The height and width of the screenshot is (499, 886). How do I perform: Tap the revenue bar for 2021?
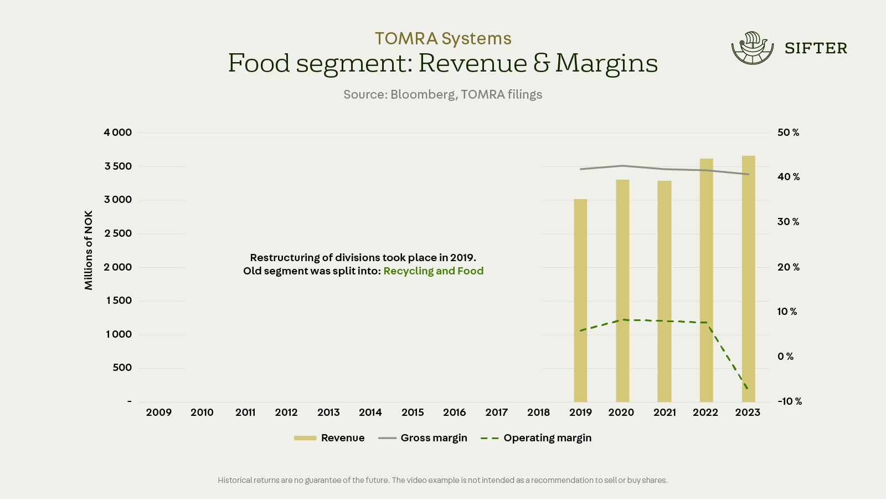point(664,291)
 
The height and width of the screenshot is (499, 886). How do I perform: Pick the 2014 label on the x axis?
point(370,413)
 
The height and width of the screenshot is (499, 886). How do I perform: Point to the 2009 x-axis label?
point(159,413)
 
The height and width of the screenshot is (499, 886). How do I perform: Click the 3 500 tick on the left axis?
point(119,166)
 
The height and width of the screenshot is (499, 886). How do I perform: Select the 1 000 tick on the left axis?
point(119,334)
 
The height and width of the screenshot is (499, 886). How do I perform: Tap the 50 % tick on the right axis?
point(788,133)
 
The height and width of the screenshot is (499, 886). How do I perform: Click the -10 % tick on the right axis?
point(790,401)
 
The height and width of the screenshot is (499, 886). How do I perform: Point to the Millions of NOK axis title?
point(89,250)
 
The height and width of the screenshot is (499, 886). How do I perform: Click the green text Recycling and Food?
point(434,271)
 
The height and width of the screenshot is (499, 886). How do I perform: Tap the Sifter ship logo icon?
point(752,48)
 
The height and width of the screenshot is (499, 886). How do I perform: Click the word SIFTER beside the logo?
point(816,49)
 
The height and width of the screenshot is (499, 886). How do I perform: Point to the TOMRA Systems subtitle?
point(443,38)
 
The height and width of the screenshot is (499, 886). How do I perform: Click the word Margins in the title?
point(606,63)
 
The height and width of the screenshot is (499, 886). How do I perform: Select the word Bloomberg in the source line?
point(423,95)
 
